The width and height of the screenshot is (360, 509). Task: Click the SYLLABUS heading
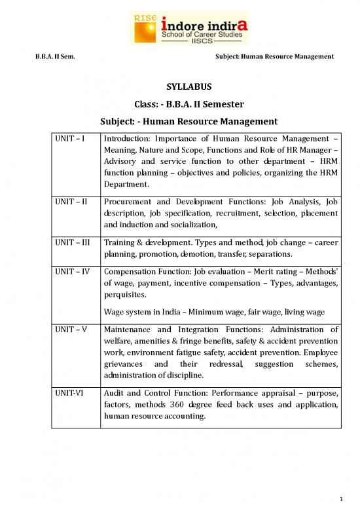(179, 86)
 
